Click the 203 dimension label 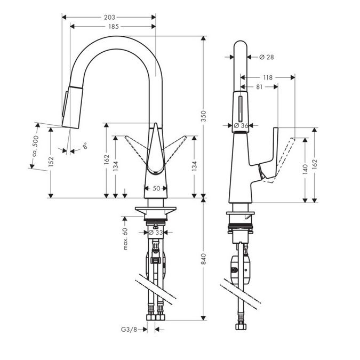click(109, 17)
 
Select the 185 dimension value click(114, 27)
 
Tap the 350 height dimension click(204, 116)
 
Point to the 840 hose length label click(204, 259)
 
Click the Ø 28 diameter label click(267, 57)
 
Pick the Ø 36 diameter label click(241, 125)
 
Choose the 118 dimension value click(268, 78)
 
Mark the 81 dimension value click(259, 87)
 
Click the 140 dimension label click(305, 170)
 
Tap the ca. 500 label click(36, 146)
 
